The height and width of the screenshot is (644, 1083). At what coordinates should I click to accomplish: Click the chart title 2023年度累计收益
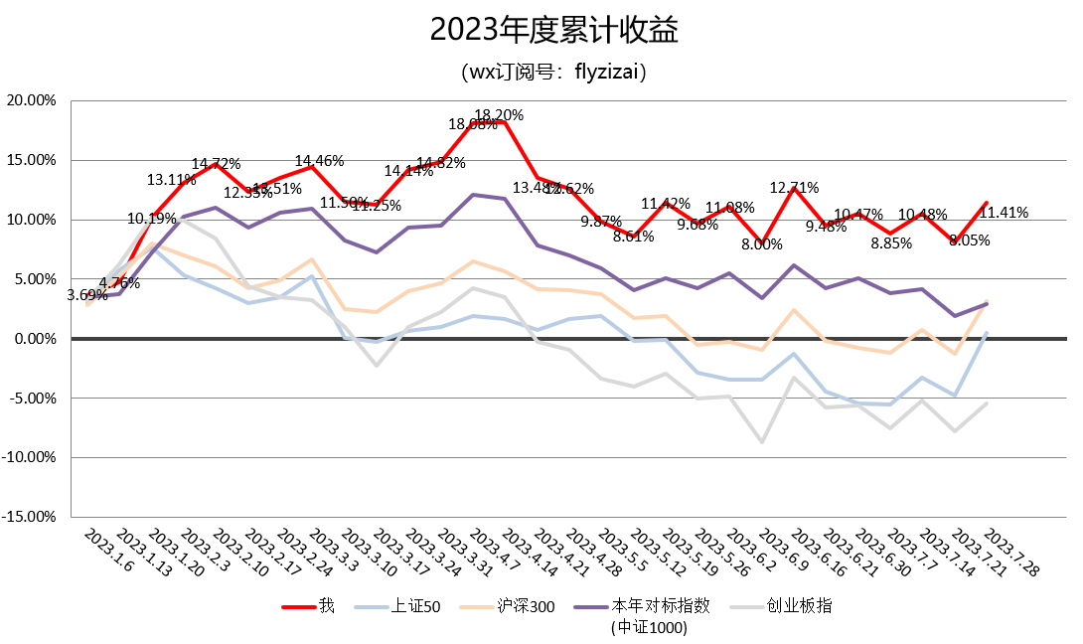541,30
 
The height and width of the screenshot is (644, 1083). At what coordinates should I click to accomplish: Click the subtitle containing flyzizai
541,73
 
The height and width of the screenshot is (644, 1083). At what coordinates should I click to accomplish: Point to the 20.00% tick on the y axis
31,100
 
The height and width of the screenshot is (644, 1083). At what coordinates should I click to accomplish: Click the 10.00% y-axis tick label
31,220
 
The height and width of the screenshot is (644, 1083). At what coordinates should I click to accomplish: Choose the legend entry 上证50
421,605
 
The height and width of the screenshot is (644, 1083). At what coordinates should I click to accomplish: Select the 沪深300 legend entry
527,605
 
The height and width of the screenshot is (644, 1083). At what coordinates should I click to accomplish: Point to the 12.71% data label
795,187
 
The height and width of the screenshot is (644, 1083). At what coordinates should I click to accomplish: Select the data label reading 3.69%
87,295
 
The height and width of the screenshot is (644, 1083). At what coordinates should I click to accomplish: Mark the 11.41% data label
1004,212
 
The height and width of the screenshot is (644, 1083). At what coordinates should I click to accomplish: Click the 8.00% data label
762,244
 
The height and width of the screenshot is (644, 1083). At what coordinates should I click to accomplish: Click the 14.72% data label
216,164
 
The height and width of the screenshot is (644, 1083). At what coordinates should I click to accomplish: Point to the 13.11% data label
172,180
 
